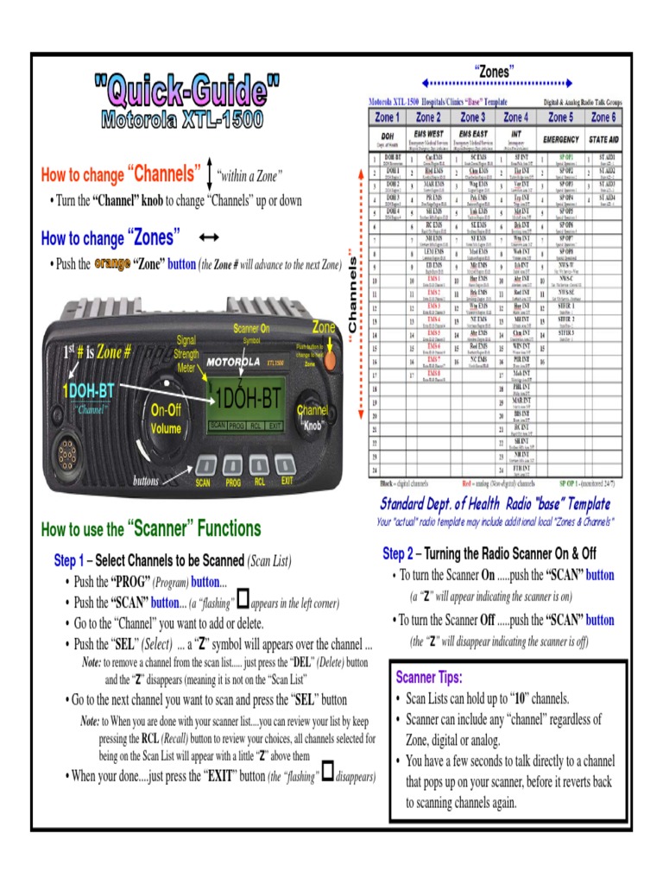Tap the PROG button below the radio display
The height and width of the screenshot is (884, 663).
[232, 465]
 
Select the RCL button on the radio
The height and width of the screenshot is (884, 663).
[259, 465]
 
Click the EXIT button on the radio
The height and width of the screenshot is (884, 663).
[287, 465]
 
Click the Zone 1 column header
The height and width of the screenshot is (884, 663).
[386, 117]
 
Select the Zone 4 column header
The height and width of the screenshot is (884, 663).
[515, 117]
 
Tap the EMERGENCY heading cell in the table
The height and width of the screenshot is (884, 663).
[559, 138]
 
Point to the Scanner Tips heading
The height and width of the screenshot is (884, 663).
[429, 677]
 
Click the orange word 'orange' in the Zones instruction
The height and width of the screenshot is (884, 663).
[111, 263]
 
